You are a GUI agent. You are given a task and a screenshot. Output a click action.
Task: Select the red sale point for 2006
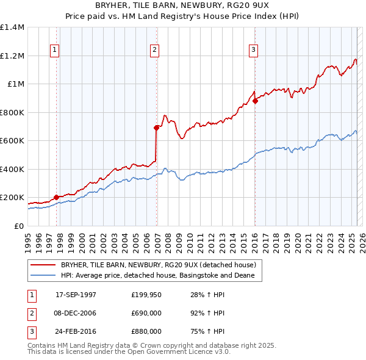coord(156,128)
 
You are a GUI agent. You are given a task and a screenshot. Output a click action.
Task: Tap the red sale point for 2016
coord(255,101)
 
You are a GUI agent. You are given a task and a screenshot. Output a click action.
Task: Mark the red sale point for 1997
coord(56,197)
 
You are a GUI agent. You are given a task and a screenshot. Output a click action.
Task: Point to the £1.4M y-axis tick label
coord(12,27)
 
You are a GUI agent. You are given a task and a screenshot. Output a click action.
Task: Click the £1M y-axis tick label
coord(16,84)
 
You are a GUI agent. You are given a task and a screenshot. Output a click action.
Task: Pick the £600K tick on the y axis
coord(12,141)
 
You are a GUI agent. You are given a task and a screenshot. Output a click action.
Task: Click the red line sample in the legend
coord(43,265)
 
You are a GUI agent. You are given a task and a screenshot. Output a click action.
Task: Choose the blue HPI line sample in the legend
coord(43,276)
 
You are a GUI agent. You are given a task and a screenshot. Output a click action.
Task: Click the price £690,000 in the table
coord(146,313)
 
